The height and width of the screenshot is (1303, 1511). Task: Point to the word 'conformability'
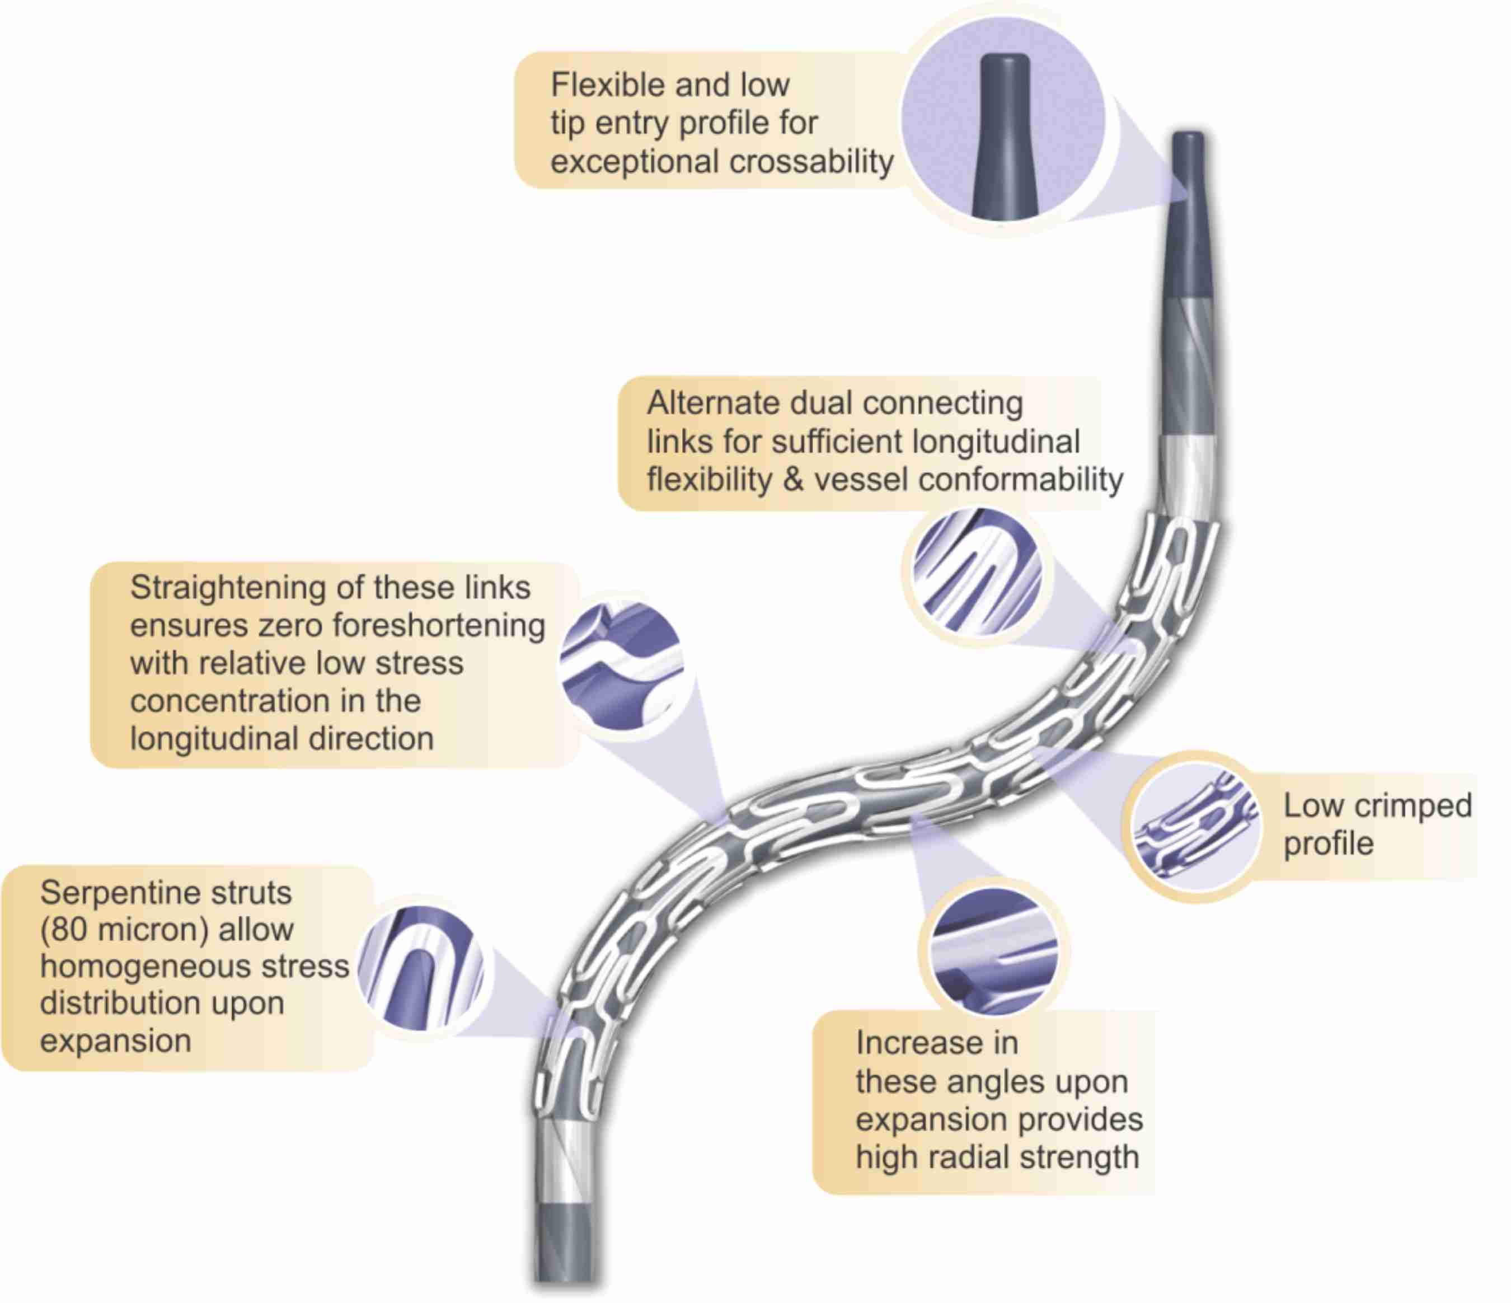(1021, 480)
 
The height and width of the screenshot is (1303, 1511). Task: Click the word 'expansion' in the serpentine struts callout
(115, 1040)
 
